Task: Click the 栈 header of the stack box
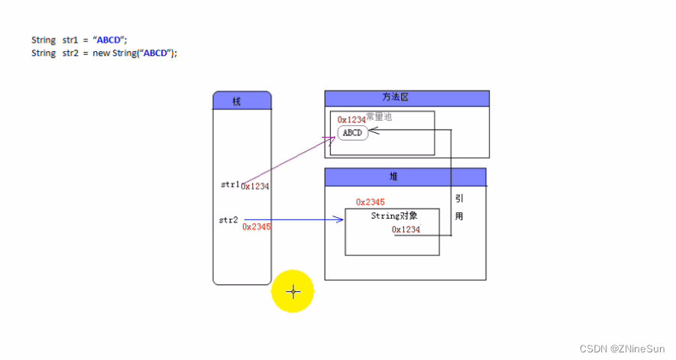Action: (241, 101)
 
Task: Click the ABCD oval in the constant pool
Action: (352, 133)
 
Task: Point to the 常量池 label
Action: (380, 117)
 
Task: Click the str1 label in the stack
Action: (230, 184)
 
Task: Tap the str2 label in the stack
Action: (228, 220)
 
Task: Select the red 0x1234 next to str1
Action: (255, 186)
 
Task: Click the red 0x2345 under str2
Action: (257, 227)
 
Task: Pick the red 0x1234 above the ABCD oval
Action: (351, 120)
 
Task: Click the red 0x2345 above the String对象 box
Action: (370, 202)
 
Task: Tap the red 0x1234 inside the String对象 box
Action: (406, 229)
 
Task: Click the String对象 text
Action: (394, 216)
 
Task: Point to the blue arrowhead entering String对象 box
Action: (341, 220)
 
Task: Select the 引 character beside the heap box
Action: (459, 198)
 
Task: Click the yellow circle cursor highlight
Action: (293, 291)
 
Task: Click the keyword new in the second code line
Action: (102, 54)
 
